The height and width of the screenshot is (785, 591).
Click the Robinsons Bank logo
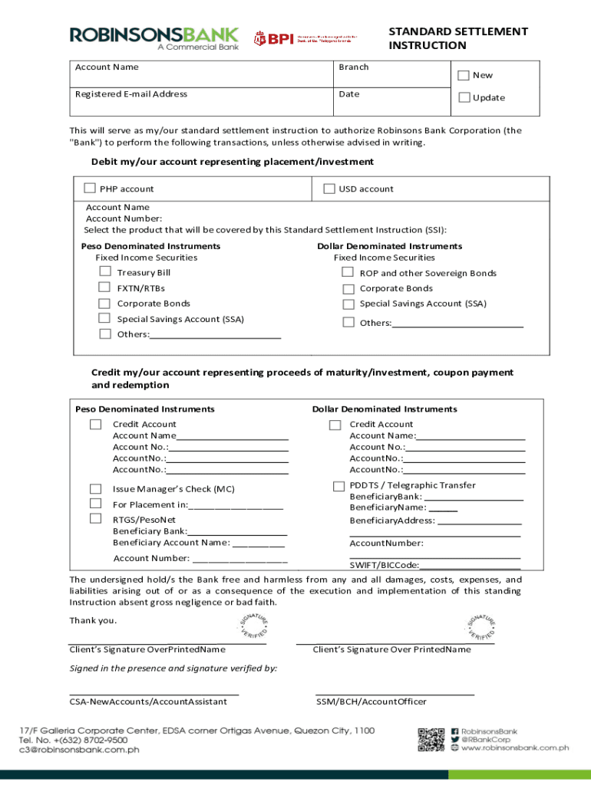coord(154,38)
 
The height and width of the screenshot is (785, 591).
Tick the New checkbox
coord(463,75)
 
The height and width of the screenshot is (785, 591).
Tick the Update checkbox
coord(463,97)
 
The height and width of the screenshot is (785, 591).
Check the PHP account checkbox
coord(90,189)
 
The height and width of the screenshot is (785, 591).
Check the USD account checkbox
coord(329,189)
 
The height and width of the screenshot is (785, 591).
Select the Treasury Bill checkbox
coord(104,272)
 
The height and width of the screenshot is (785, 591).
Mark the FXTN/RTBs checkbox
coord(104,287)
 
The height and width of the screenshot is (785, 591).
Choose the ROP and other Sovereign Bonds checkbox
coord(348,273)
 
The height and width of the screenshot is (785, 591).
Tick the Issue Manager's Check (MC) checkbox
coord(95,488)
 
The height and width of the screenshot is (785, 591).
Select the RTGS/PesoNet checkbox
coord(95,519)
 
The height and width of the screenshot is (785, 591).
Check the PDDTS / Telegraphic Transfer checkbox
coord(338,486)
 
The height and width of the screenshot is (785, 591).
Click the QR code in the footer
coord(431,740)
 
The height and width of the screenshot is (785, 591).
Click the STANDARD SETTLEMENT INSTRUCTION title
coord(457,38)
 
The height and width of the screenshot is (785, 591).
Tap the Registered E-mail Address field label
coord(130,94)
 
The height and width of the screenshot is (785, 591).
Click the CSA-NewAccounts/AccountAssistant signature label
coord(148,701)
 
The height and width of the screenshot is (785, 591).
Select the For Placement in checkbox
coord(95,504)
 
